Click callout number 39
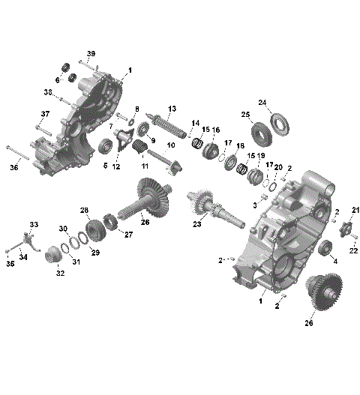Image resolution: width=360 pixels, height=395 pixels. [91, 53]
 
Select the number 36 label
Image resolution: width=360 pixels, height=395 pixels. [14, 168]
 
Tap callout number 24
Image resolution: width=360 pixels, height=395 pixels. [262, 103]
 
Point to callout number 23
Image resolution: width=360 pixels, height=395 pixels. [198, 223]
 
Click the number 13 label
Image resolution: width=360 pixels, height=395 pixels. [172, 109]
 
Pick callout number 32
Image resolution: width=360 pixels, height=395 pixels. [59, 274]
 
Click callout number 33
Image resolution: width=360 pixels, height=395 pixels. [33, 224]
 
